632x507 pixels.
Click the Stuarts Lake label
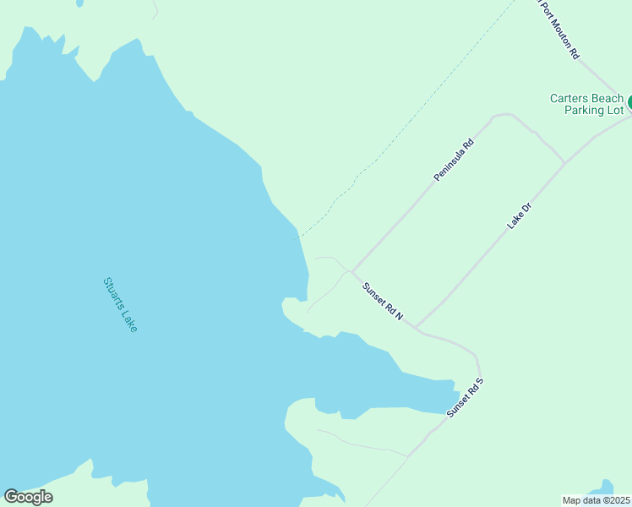point(120,304)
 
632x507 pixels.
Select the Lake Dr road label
point(519,215)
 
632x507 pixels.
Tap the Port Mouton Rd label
point(558,29)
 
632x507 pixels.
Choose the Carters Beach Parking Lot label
point(586,104)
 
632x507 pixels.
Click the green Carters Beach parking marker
point(629,102)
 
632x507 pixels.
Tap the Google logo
point(28,497)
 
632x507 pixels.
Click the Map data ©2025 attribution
point(596,499)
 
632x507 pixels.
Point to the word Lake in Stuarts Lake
point(128,319)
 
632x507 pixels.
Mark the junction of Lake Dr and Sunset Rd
point(416,326)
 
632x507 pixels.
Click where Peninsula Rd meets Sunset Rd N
point(351,271)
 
